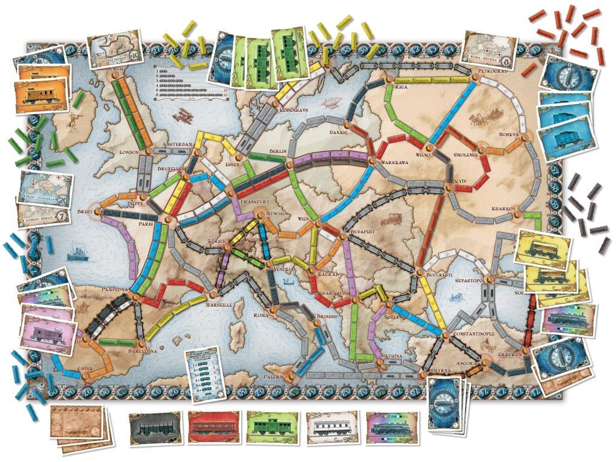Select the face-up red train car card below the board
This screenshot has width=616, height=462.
tap(213, 428)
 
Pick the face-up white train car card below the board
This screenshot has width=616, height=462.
tap(331, 428)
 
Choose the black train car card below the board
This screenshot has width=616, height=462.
tap(155, 428)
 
